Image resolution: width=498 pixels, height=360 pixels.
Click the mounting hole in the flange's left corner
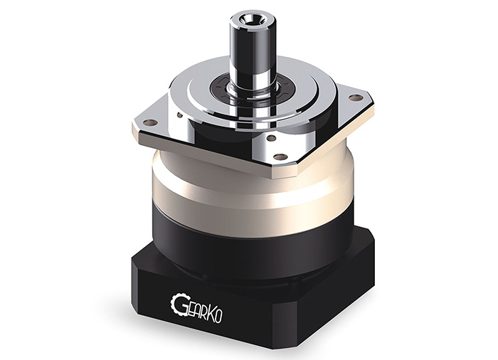pyautogui.click(x=150, y=122)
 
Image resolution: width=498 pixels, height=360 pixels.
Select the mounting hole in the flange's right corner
pyautogui.click(x=356, y=97)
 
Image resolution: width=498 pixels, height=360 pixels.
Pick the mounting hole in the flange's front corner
pyautogui.click(x=280, y=157)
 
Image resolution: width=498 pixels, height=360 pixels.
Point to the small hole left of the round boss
pyautogui.click(x=180, y=115)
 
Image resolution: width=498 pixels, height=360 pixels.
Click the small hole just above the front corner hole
pyautogui.click(x=272, y=139)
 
